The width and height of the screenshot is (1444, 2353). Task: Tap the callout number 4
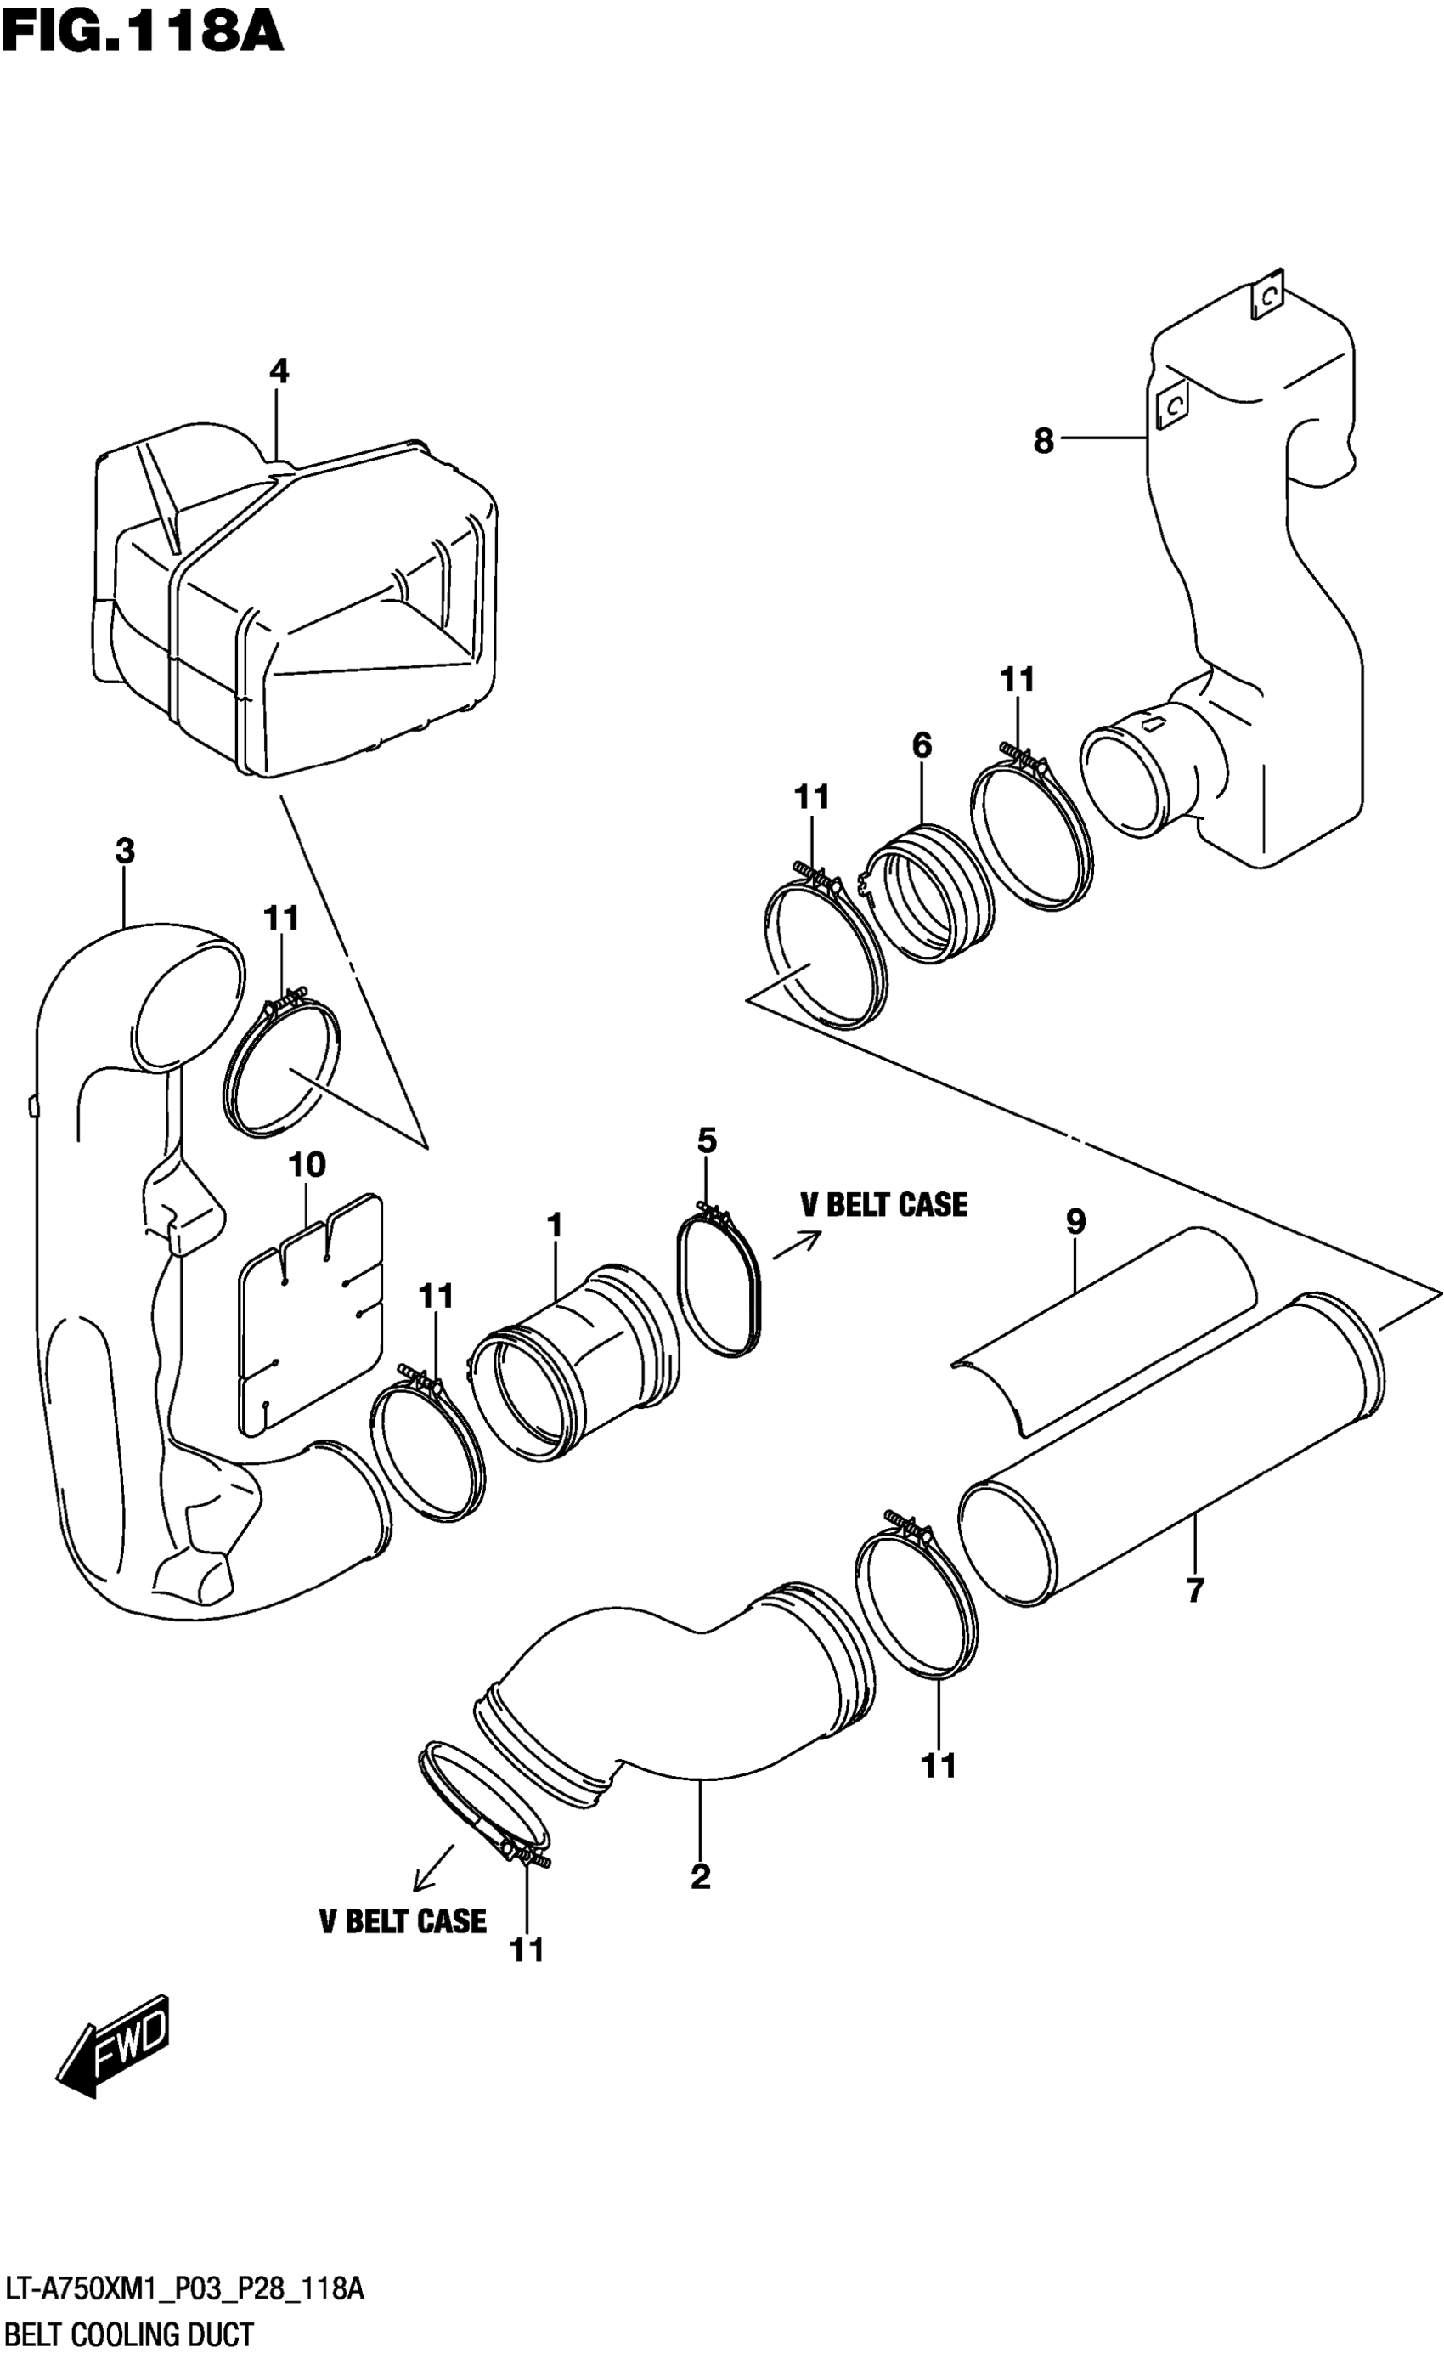278,370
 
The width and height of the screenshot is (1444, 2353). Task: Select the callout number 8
1043,440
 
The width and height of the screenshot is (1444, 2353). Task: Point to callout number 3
125,851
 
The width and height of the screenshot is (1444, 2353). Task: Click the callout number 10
307,1164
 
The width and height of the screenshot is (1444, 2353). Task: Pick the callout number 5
707,1140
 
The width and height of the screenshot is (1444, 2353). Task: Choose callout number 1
555,1225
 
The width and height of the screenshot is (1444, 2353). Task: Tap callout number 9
1075,1221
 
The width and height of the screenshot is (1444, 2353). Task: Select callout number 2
700,1877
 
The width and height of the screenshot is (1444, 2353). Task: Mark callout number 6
921,745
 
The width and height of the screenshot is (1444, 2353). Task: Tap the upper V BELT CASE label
883,1205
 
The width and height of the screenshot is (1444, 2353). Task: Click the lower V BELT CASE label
402,1921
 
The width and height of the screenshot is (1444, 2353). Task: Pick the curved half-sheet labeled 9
1108,1328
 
